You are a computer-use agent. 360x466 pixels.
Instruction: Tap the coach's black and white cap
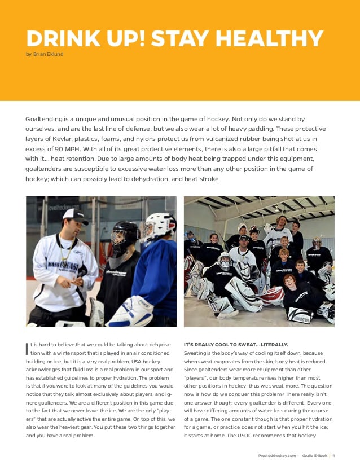76,216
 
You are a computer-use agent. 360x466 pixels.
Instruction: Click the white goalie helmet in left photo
160,224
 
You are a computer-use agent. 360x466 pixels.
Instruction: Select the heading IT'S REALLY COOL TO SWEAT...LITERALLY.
236,344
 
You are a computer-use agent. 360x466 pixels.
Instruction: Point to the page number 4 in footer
333,455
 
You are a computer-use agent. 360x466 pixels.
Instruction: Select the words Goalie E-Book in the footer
314,455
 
